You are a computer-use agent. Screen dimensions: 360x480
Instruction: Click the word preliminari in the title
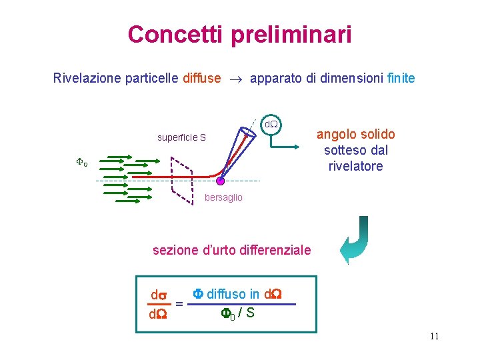pyautogui.click(x=291, y=35)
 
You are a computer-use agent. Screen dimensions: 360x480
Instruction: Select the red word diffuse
pyautogui.click(x=201, y=79)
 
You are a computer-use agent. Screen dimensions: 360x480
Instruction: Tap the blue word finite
pyautogui.click(x=401, y=79)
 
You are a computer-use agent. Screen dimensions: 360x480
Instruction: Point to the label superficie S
pyautogui.click(x=181, y=138)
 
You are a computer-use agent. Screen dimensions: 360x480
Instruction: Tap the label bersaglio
pyautogui.click(x=223, y=198)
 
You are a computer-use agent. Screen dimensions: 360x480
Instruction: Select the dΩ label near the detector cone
pyautogui.click(x=271, y=125)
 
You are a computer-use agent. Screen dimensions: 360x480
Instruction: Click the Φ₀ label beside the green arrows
pyautogui.click(x=81, y=161)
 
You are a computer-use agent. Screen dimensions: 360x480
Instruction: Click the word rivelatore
pyautogui.click(x=355, y=166)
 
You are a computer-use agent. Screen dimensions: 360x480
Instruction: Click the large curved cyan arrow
pyautogui.click(x=354, y=240)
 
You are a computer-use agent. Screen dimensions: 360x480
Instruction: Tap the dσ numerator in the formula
pyautogui.click(x=159, y=295)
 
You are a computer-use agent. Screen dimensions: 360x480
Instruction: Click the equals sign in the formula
pyautogui.click(x=179, y=304)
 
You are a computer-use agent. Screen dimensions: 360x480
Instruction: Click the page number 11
pyautogui.click(x=434, y=335)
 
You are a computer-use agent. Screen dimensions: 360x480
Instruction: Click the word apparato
pyautogui.click(x=275, y=79)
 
